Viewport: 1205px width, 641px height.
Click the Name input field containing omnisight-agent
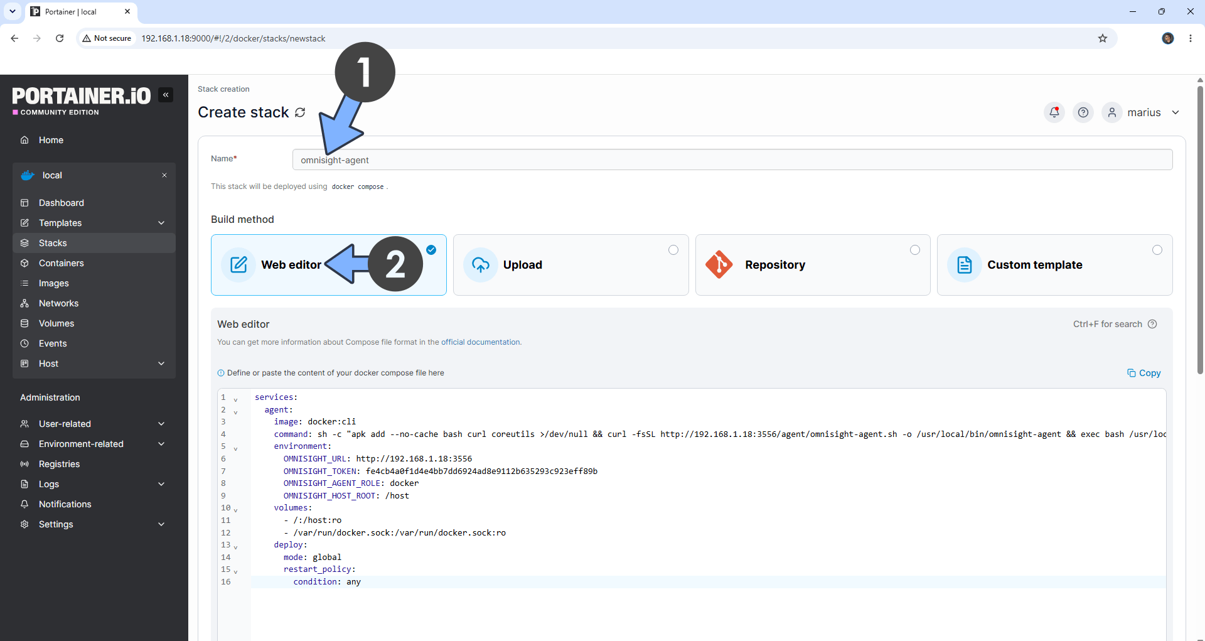pyautogui.click(x=732, y=159)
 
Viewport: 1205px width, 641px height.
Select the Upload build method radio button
pyautogui.click(x=673, y=250)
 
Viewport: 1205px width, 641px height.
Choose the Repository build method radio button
pyautogui.click(x=915, y=250)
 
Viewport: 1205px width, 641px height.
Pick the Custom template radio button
pyautogui.click(x=1157, y=250)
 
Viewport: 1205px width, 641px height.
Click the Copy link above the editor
pyautogui.click(x=1144, y=373)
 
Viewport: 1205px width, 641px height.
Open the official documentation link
pyautogui.click(x=481, y=342)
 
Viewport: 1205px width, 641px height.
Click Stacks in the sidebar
pyautogui.click(x=53, y=243)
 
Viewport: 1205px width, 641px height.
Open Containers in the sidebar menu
pyautogui.click(x=61, y=263)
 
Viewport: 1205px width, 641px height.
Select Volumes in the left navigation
pyautogui.click(x=56, y=323)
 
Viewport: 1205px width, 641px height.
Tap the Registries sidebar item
pyautogui.click(x=59, y=464)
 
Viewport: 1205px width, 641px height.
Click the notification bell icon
pyautogui.click(x=1054, y=112)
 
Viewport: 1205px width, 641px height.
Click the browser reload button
pyautogui.click(x=60, y=38)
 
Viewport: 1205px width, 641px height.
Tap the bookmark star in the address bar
pyautogui.click(x=1103, y=38)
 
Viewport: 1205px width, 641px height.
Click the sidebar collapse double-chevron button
pyautogui.click(x=166, y=95)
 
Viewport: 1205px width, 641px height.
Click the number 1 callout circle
pyautogui.click(x=365, y=72)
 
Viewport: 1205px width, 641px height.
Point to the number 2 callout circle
pyautogui.click(x=395, y=264)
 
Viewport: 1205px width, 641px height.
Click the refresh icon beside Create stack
pyautogui.click(x=300, y=112)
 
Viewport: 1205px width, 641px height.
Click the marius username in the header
pyautogui.click(x=1144, y=112)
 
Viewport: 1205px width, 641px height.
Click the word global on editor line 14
pyautogui.click(x=327, y=557)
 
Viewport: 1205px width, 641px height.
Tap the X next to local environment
pyautogui.click(x=164, y=175)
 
